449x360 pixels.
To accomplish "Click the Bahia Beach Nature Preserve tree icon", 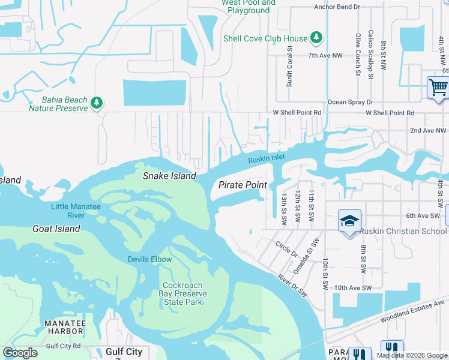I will tap(96, 103).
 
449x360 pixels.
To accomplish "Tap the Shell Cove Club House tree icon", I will tap(316, 38).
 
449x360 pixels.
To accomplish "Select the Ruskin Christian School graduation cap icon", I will tap(349, 221).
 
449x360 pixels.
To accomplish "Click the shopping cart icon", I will tap(438, 88).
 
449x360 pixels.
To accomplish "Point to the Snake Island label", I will tap(169, 176).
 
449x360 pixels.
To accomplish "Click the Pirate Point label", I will tap(243, 185).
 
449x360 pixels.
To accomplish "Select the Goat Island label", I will tap(56, 229).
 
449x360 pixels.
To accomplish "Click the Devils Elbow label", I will tap(149, 259).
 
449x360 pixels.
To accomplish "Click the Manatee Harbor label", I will tap(65, 328).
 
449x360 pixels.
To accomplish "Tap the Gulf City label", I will tap(124, 352).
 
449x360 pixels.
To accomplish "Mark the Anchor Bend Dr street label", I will tap(337, 7).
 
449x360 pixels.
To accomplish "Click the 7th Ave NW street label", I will tap(325, 55).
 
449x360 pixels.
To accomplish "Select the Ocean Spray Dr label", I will tap(350, 103).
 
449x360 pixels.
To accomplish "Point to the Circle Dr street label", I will tap(286, 249).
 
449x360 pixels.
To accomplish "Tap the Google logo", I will tap(20, 352).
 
